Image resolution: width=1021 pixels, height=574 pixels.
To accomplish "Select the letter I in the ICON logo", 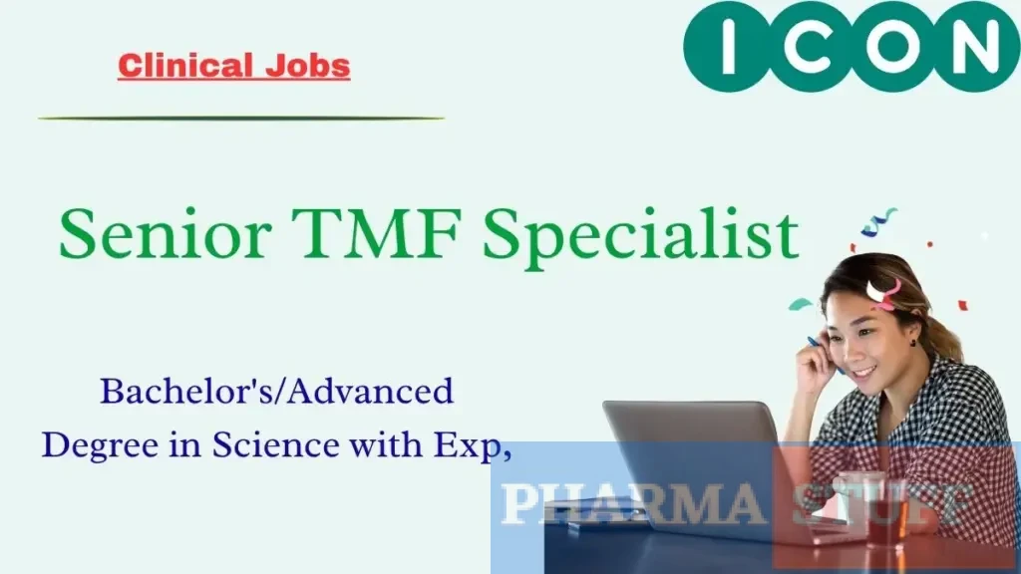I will (x=728, y=46).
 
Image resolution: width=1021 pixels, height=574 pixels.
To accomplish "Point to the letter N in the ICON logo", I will (x=969, y=46).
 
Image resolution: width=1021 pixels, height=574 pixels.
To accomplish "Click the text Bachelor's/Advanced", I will (x=276, y=392).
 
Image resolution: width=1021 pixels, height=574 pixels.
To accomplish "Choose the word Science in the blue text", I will (x=270, y=445).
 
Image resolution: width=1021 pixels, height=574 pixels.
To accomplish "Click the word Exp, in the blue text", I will (x=470, y=446).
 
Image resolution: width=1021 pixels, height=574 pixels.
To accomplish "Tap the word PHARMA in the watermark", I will (x=633, y=503).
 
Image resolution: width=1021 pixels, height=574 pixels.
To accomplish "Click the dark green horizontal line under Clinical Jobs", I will (x=240, y=119).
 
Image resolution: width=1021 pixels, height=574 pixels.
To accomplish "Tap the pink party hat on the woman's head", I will (x=883, y=291).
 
